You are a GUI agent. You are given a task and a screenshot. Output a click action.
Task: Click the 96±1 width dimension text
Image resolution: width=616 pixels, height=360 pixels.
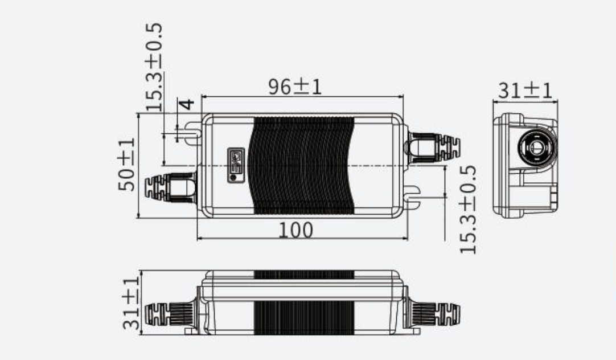tap(294, 87)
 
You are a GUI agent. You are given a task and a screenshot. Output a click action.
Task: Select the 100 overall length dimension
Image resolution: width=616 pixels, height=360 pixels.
tap(295, 230)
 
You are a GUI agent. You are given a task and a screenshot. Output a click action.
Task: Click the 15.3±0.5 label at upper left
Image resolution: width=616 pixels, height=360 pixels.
tap(154, 67)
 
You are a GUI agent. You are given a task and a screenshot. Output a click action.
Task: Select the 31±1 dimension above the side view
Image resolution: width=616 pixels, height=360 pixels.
tap(525, 91)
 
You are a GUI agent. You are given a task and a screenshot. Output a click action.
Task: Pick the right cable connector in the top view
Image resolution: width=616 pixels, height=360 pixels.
tap(434, 146)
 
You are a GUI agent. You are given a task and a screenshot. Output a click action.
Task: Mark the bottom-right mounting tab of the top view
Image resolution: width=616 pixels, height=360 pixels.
tap(412, 195)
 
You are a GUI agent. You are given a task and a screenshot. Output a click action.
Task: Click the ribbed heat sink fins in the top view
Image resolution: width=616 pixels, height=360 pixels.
tap(302, 165)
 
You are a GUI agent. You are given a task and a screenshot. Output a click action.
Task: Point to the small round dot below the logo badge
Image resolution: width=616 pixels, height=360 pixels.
tap(232, 177)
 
